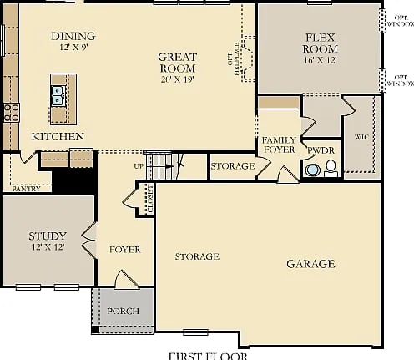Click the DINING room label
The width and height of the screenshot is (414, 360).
73,36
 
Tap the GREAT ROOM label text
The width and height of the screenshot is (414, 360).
177,63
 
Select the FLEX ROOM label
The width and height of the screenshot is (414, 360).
321,43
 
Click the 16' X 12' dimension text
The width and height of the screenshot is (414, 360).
321,61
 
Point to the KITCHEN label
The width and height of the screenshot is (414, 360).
58,136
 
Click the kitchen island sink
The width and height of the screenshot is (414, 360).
58,94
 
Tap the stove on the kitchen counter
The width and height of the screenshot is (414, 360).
12,112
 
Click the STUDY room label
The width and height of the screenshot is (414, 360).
48,236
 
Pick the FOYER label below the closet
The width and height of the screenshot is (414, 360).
124,250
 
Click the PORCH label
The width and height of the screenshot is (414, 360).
124,312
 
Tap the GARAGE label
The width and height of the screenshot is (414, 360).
310,264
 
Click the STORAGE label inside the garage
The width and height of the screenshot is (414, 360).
197,256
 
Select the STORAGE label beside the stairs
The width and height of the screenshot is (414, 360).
232,166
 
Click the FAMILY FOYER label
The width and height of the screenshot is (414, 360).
279,145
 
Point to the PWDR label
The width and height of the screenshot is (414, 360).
321,150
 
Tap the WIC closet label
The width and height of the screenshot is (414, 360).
361,136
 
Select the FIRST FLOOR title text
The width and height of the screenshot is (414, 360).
208,356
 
